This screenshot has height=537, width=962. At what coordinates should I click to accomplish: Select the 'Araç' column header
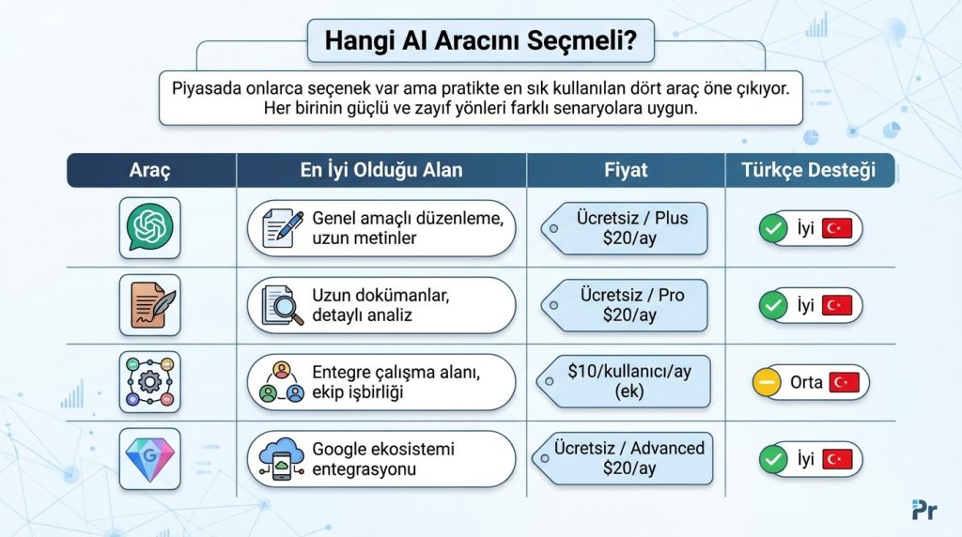[150, 171]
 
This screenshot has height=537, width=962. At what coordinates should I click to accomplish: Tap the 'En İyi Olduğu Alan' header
[380, 171]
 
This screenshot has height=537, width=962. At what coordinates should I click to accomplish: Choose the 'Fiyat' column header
[626, 171]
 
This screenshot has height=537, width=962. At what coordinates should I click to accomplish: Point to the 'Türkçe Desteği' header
[809, 171]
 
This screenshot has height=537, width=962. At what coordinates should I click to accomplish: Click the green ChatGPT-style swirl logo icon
[150, 227]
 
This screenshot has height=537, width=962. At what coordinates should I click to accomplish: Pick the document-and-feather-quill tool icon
[150, 305]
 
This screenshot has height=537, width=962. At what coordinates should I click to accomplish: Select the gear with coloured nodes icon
[150, 382]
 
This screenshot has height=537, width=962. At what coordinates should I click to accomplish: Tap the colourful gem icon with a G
[150, 459]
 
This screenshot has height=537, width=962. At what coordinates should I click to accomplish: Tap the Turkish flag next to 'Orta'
[845, 383]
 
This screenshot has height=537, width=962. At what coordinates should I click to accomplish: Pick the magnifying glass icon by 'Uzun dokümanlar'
[283, 305]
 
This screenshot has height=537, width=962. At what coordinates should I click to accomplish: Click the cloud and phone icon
[283, 459]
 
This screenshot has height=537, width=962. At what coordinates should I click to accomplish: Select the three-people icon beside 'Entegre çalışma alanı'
[283, 382]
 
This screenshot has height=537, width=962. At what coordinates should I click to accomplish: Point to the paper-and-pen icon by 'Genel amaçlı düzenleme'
[283, 228]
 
